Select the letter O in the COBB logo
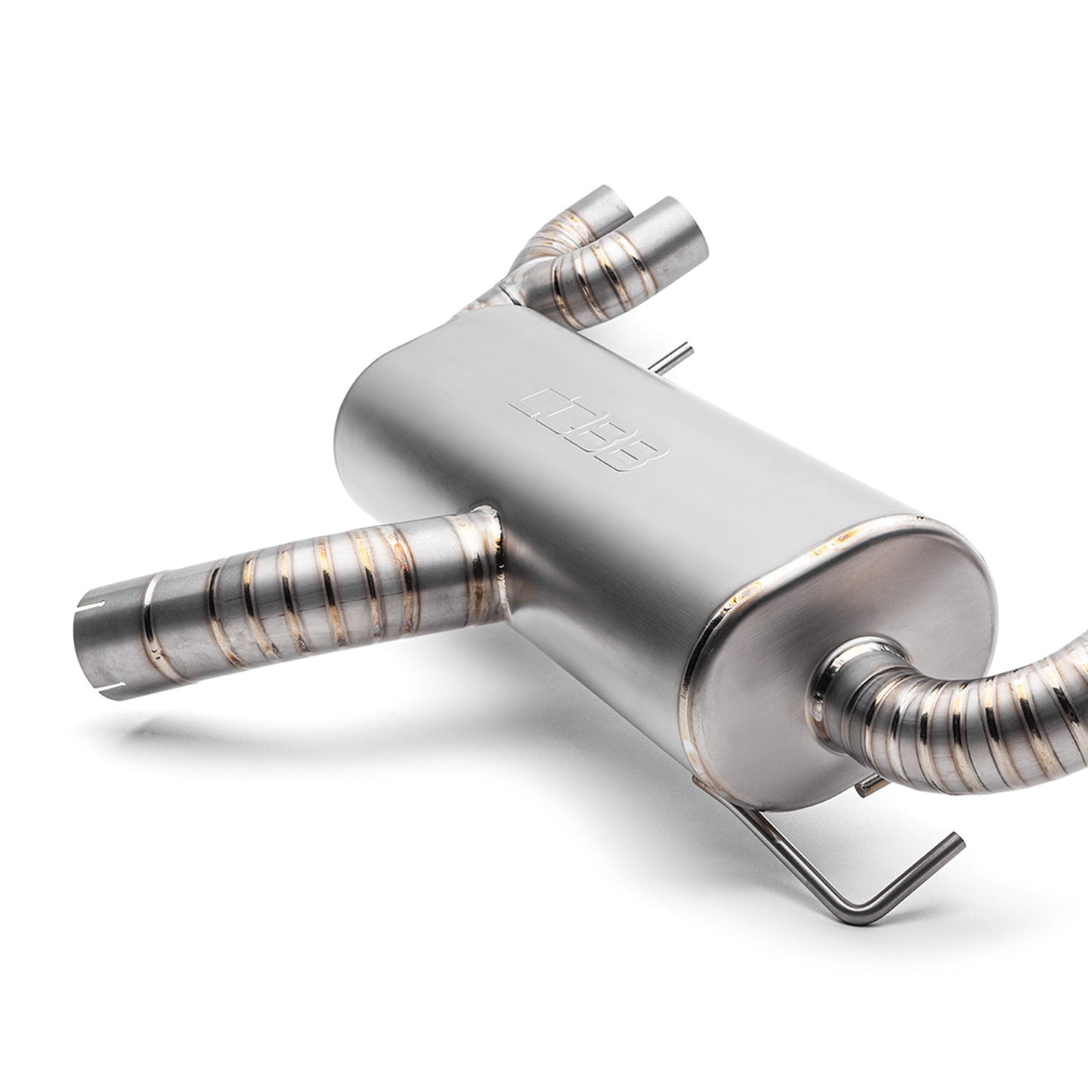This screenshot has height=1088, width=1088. point(566,419)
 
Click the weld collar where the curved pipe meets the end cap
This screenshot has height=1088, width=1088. point(843,670)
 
